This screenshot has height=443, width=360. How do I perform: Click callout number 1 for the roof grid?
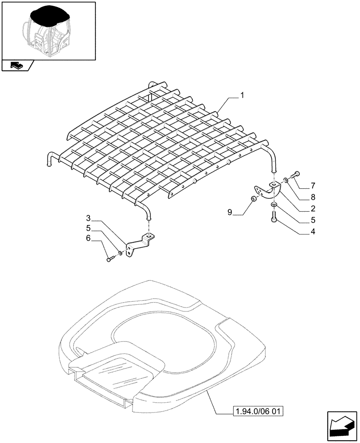242,95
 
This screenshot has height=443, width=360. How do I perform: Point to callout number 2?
313,208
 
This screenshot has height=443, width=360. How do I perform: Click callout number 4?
313,231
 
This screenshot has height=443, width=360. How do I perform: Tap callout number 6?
88,238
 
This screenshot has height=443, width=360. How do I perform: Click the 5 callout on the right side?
313,219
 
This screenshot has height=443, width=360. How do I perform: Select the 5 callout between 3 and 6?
88,228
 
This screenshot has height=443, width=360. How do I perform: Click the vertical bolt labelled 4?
274,218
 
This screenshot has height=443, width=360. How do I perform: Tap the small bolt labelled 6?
110,259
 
